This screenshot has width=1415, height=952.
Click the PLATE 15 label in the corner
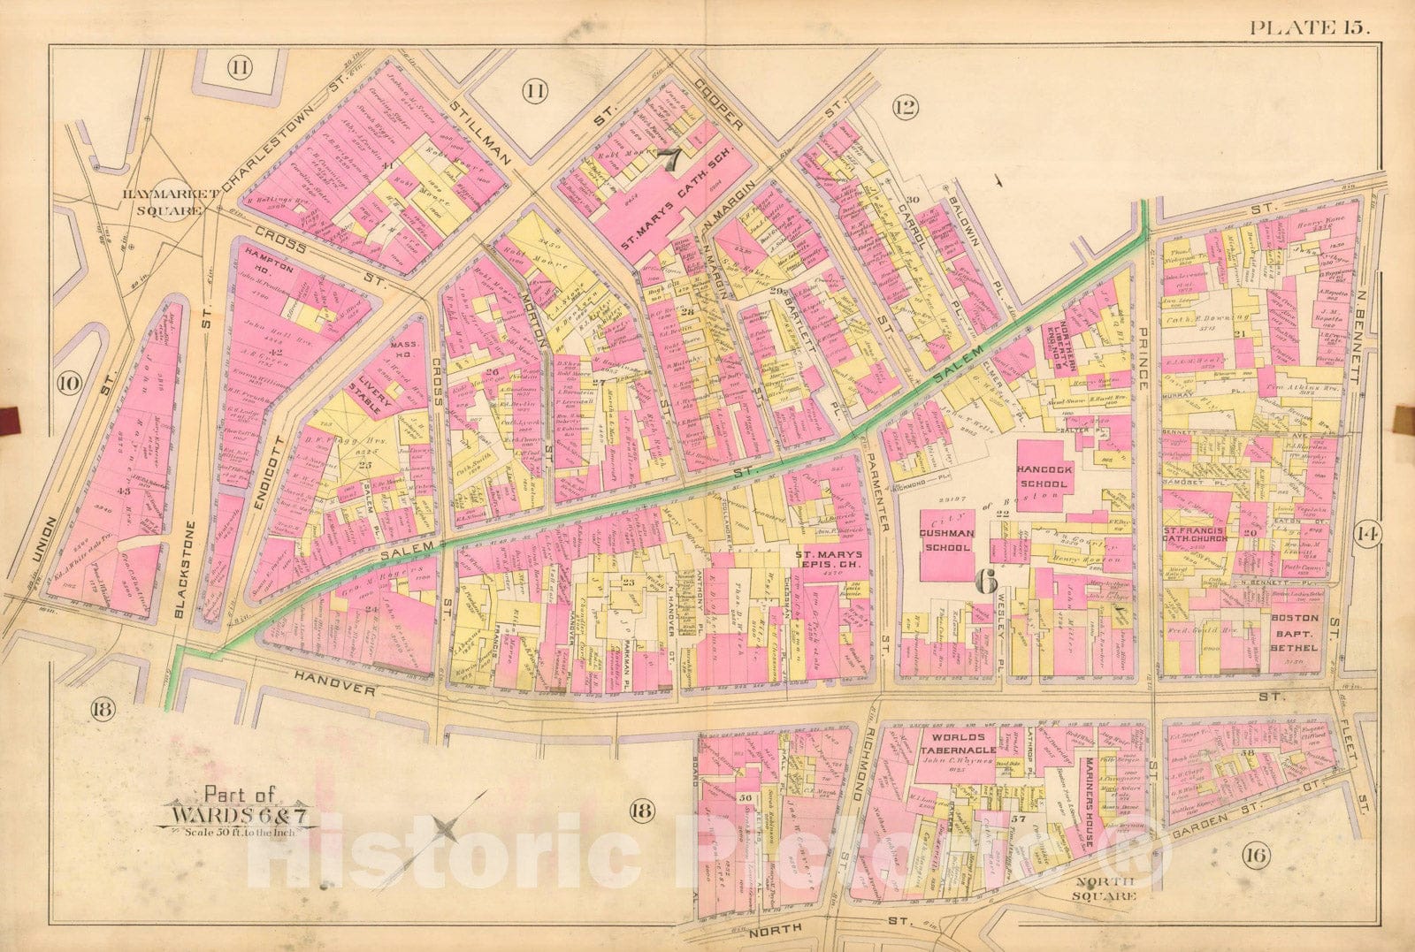(x=1309, y=27)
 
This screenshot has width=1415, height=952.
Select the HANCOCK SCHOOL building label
(x=1044, y=477)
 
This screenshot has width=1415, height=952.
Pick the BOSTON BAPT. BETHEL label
(x=1296, y=633)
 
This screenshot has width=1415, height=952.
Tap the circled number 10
(x=69, y=383)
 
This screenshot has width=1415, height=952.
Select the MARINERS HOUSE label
(x=1090, y=801)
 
